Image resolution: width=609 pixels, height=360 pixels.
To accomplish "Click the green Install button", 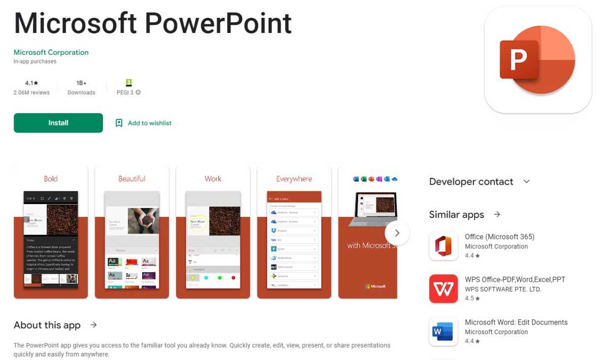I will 58,123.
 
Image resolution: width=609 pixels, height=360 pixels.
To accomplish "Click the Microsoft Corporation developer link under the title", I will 51,52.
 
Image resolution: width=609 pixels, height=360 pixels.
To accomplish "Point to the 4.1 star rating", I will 31,83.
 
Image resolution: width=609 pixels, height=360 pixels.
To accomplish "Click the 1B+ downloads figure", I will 81,83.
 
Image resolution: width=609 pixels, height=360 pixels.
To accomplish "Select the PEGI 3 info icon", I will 138,92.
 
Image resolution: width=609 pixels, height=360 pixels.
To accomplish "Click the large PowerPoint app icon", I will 538,60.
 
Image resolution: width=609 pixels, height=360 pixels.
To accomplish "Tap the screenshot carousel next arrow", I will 397,233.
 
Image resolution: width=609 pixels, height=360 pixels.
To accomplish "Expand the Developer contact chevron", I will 526,182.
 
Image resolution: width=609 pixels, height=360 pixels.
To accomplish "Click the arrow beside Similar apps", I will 497,214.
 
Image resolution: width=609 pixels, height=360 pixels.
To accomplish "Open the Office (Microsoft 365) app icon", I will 444,246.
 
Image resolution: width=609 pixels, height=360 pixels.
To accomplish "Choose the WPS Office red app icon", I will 444,289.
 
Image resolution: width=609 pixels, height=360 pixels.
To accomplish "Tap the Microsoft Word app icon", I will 444,332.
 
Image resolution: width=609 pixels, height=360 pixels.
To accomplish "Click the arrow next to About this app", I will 93,325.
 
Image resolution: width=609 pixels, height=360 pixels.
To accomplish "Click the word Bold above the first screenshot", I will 51,179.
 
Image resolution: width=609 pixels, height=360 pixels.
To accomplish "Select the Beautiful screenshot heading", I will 132,179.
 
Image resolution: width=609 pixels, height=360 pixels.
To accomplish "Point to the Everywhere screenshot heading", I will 294,179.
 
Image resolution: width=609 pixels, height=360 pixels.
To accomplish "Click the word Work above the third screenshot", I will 213,179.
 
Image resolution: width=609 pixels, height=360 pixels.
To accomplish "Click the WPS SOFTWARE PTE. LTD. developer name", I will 503,289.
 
